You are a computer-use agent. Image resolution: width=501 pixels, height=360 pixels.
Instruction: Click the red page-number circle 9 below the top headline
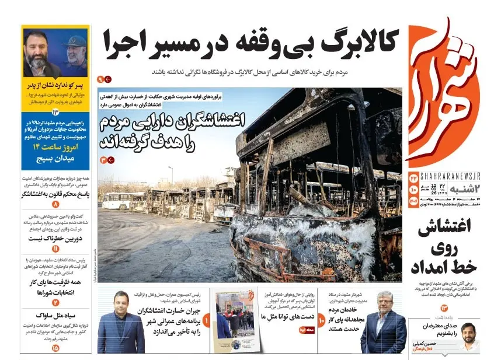100,79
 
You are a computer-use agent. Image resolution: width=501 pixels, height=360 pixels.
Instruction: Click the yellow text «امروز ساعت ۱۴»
55,147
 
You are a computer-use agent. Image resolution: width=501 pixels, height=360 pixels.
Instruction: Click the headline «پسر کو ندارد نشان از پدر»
55,85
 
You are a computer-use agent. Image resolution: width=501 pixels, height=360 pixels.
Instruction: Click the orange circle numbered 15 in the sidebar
55,348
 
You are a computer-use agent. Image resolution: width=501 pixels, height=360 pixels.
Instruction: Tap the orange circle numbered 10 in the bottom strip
322,320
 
